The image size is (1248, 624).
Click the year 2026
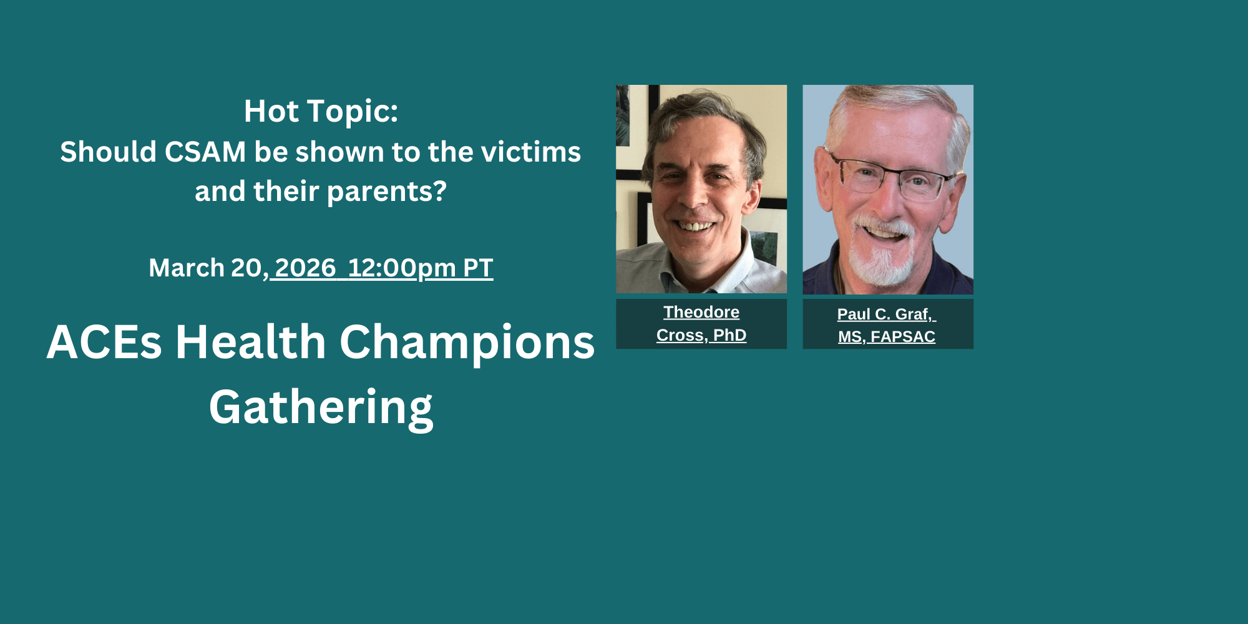(x=305, y=268)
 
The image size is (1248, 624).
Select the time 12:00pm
(x=402, y=268)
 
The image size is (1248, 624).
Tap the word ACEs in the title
(x=104, y=342)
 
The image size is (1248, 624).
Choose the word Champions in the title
(x=467, y=343)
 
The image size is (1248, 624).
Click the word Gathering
(x=321, y=407)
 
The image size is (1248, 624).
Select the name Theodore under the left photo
(x=701, y=312)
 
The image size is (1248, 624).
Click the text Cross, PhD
(x=701, y=335)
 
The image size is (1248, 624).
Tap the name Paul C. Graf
(x=885, y=314)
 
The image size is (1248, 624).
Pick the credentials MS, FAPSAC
(x=887, y=337)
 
